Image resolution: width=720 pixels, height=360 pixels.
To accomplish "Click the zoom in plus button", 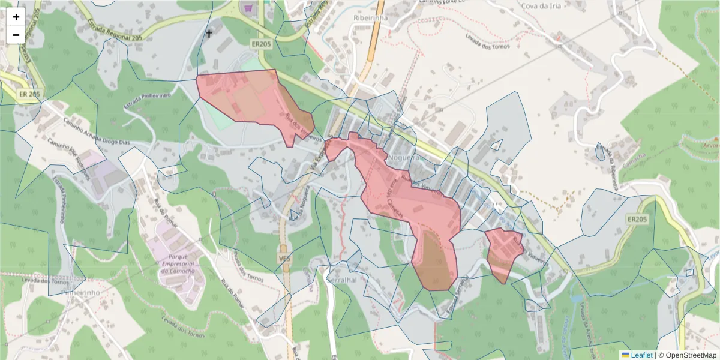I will coord(16,17).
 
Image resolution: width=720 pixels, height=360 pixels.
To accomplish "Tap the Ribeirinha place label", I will coord(372,18).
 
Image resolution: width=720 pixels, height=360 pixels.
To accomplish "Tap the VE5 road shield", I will coord(284,257).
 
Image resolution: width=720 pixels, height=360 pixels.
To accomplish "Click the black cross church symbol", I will coord(209,34).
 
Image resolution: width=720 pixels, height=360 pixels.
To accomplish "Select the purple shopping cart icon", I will coord(247,8).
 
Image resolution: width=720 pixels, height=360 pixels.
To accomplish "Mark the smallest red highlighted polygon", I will coord(503,253).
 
